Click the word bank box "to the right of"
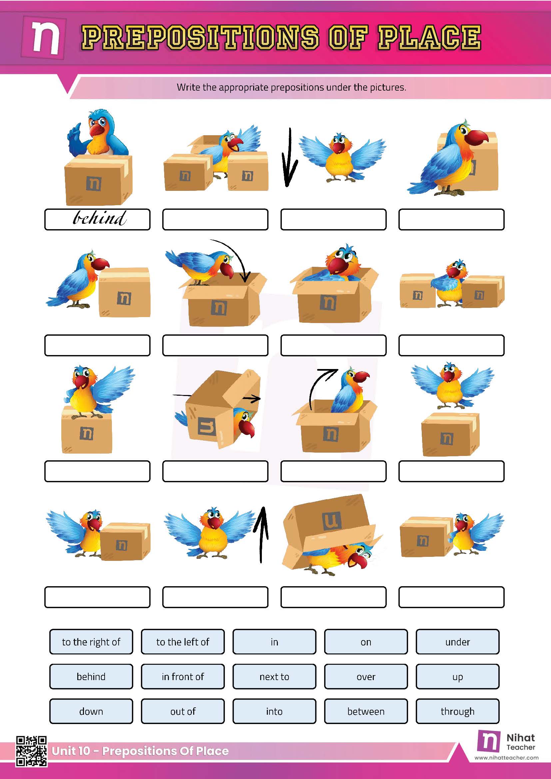91,642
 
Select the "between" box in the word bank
366,711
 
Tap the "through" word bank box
457,711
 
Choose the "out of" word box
183,711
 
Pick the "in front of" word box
183,677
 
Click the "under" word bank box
457,642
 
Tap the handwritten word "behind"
99,218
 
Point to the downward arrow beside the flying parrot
289,158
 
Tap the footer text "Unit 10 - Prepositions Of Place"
140,751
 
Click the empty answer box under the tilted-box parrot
215,471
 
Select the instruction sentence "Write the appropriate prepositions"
291,88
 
